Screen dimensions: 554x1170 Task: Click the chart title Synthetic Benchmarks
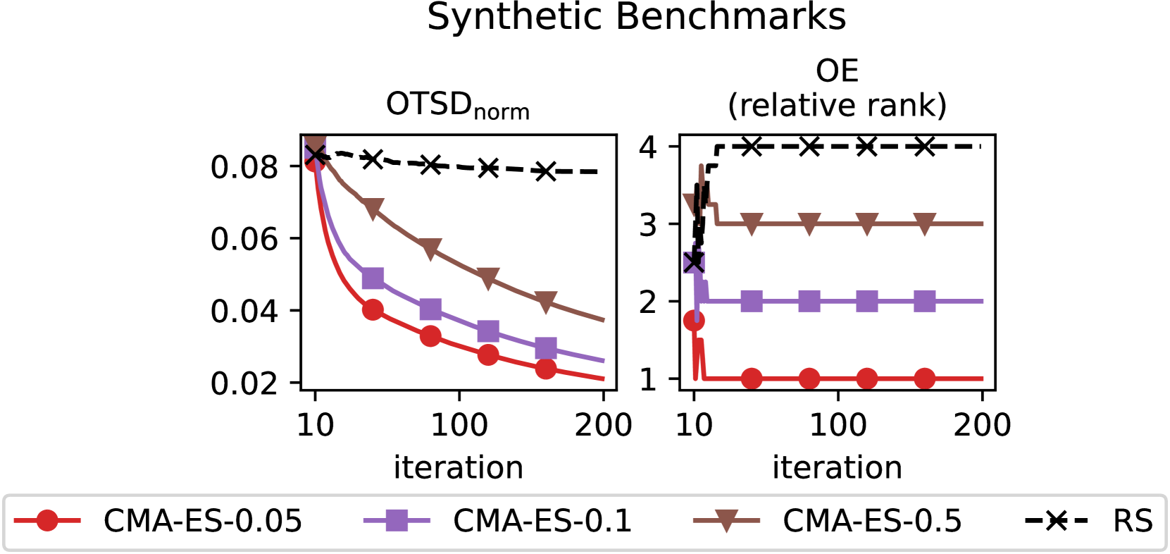636,17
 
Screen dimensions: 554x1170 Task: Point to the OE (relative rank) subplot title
837,88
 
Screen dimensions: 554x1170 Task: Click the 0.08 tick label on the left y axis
244,167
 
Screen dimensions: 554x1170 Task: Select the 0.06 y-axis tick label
244,239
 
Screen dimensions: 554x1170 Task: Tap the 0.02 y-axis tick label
244,383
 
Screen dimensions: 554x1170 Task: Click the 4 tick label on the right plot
648,147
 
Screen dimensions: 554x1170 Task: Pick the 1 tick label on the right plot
648,379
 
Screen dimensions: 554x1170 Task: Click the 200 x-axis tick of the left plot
603,425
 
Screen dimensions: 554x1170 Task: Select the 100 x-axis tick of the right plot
838,425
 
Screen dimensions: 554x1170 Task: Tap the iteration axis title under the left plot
458,467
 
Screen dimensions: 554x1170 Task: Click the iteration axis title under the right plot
837,467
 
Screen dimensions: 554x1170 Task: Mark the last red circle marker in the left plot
545,368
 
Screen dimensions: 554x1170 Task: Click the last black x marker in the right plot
924,147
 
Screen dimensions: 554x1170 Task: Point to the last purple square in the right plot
924,302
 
